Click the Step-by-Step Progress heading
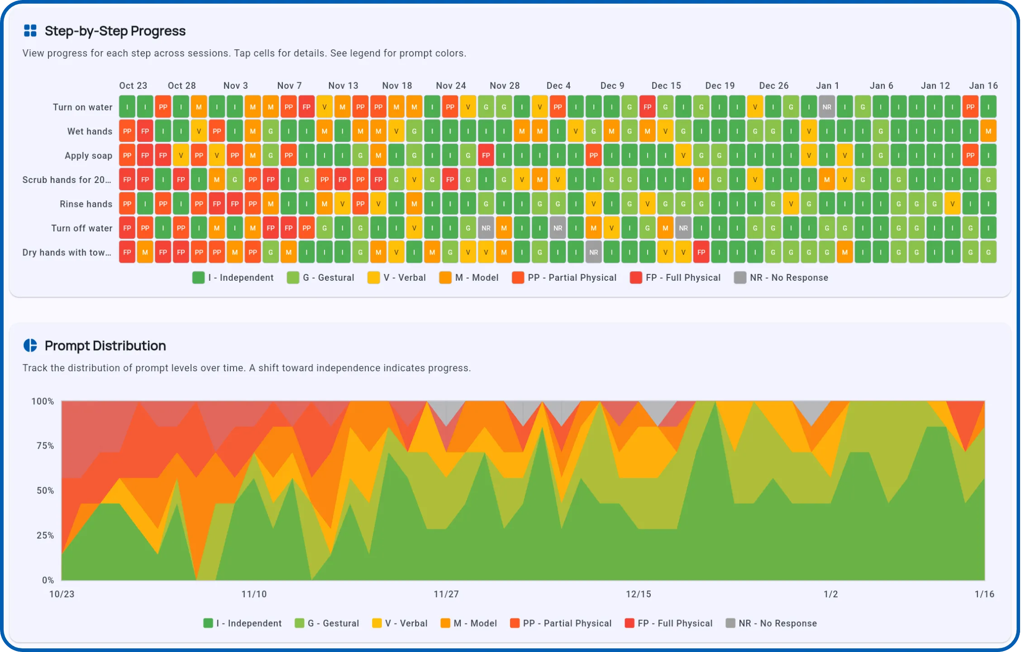coord(115,31)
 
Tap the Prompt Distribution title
coord(105,345)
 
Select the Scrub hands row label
coord(67,180)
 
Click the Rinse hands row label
coord(86,204)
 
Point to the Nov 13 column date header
coord(343,86)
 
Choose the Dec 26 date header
coord(773,86)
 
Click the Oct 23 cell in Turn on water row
coord(127,107)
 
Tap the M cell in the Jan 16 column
coord(988,131)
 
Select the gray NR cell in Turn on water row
coord(826,107)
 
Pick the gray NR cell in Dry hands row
coord(593,252)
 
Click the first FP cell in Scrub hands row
coord(127,180)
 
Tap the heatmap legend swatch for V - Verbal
coord(373,278)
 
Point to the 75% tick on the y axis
coord(45,446)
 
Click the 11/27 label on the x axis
coord(446,594)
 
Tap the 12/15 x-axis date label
coord(638,594)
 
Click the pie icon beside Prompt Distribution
coord(30,345)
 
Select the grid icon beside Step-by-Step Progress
coord(30,31)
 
